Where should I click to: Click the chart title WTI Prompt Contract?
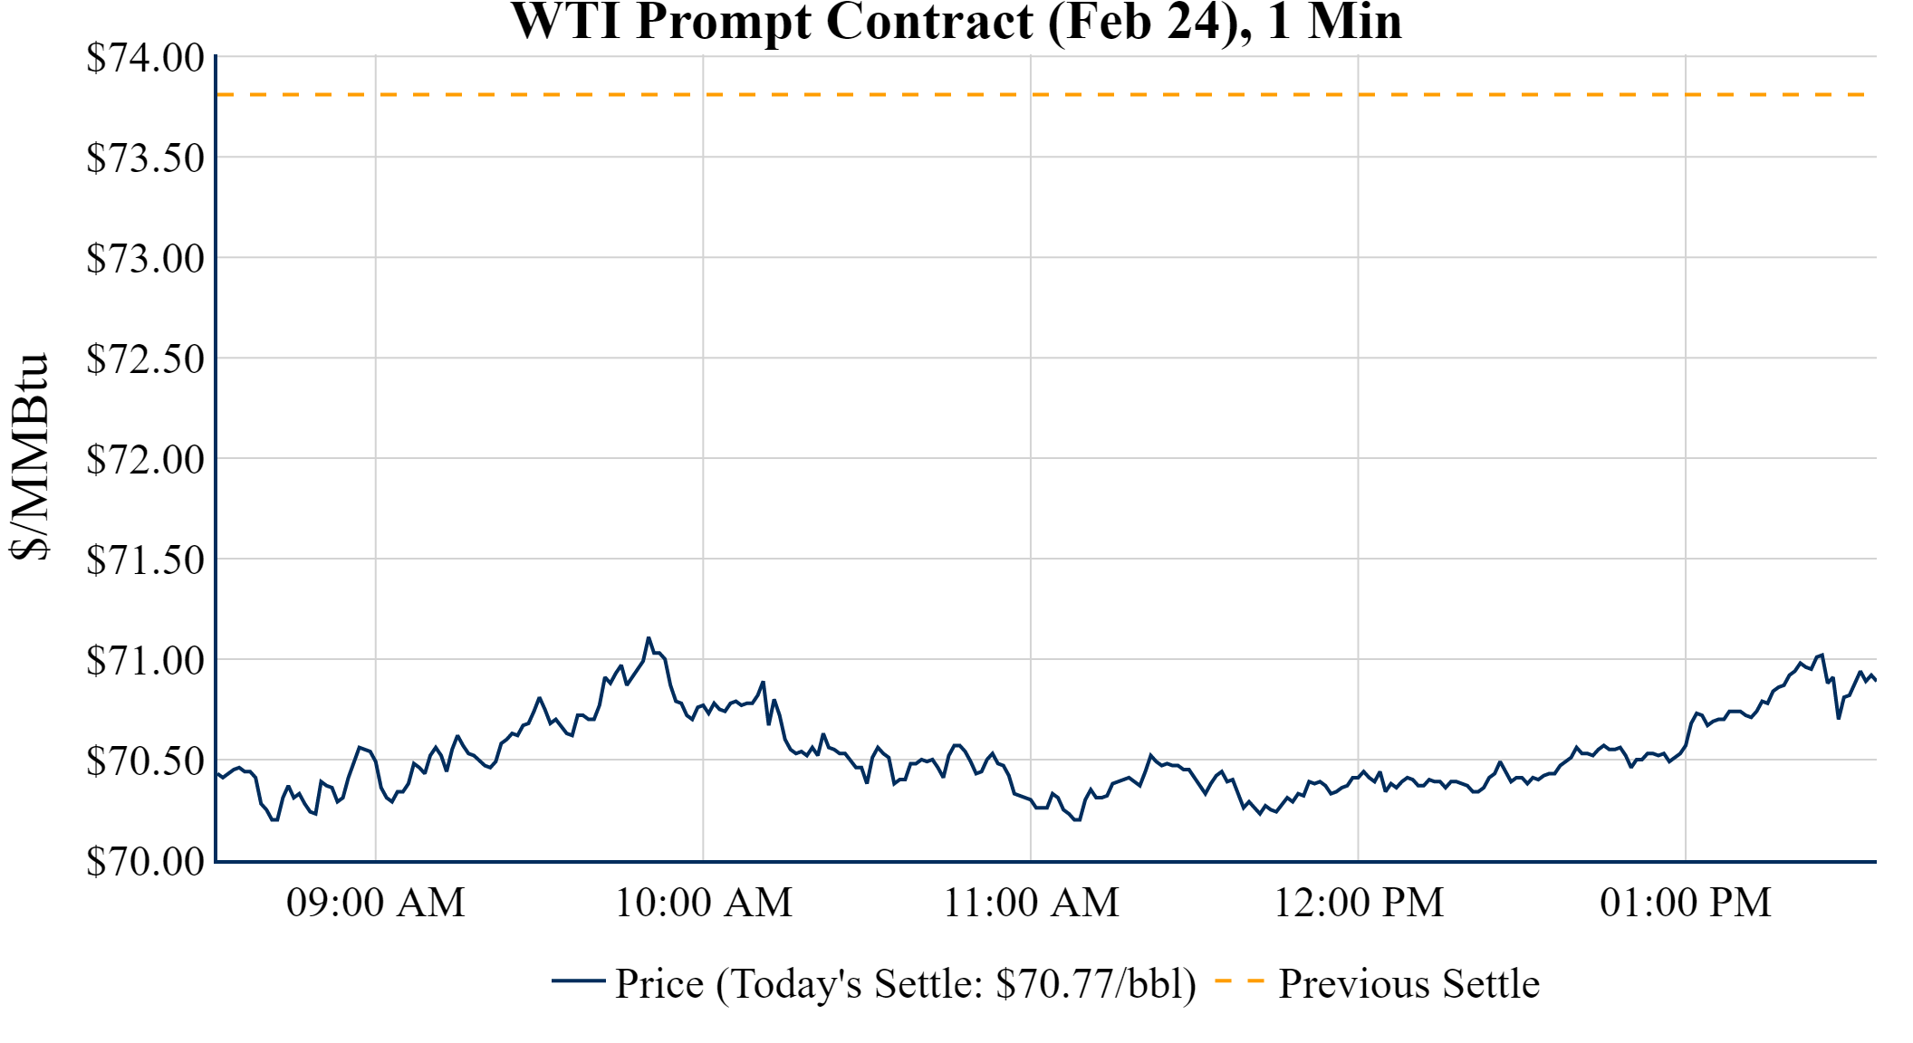pyautogui.click(x=956, y=22)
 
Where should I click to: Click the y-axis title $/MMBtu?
pyautogui.click(x=30, y=456)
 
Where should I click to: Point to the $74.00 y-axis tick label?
pyautogui.click(x=145, y=58)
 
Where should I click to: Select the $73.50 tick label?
pyautogui.click(x=145, y=158)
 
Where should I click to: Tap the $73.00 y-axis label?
pyautogui.click(x=145, y=259)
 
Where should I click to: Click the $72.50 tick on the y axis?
pyautogui.click(x=145, y=359)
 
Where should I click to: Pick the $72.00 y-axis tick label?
pyautogui.click(x=145, y=460)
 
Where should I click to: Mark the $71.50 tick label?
pyautogui.click(x=145, y=560)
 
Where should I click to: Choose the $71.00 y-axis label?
pyautogui.click(x=145, y=661)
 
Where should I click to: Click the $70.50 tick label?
pyautogui.click(x=145, y=761)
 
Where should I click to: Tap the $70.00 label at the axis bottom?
pyautogui.click(x=145, y=862)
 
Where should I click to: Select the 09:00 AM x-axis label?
pyautogui.click(x=376, y=903)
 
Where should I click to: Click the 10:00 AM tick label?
pyautogui.click(x=704, y=903)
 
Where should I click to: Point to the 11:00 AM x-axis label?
pyautogui.click(x=1032, y=903)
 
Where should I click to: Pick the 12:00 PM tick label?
pyautogui.click(x=1359, y=903)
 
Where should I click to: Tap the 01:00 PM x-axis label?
pyautogui.click(x=1686, y=903)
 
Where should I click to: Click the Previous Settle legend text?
pyautogui.click(x=1408, y=984)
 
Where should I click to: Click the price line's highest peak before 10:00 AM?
pyautogui.click(x=649, y=638)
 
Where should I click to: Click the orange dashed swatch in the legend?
pyautogui.click(x=1239, y=981)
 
